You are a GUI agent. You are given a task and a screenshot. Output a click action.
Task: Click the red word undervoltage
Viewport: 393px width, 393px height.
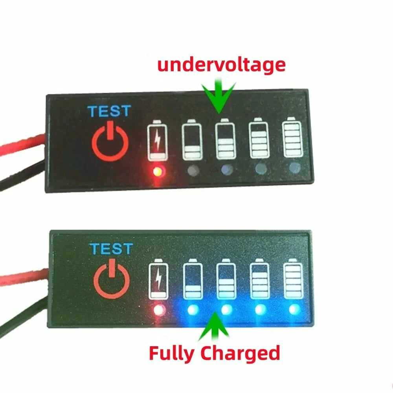pos(221,64)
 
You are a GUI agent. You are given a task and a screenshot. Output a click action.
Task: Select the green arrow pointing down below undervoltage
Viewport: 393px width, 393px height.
pos(219,94)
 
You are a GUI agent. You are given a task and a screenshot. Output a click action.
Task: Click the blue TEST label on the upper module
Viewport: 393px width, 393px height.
pos(108,111)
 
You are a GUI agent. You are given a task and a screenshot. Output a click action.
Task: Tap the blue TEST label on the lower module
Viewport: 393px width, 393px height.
pos(111,249)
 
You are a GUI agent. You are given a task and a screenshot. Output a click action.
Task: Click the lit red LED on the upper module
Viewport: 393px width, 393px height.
pos(158,171)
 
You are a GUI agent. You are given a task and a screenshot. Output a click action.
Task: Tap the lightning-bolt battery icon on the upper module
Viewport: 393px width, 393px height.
pos(157,141)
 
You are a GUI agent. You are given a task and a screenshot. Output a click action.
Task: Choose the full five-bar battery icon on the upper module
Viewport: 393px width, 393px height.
pos(292,138)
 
